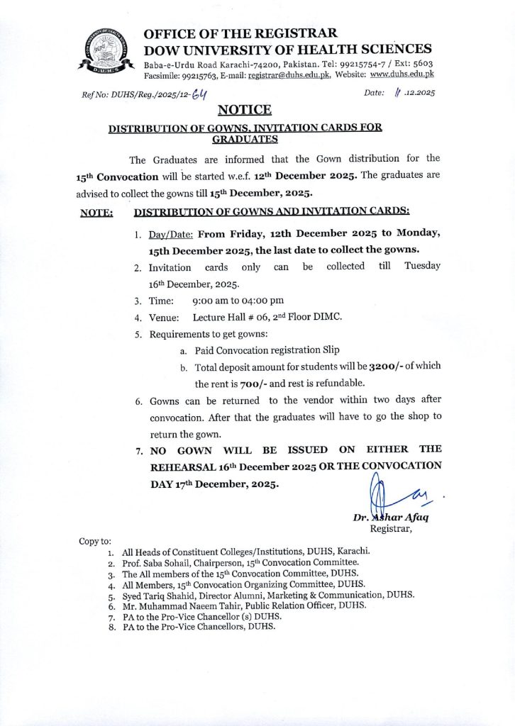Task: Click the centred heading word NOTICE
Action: pos(244,109)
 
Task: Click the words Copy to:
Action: pos(95,542)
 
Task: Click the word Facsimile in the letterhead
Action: pos(165,74)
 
